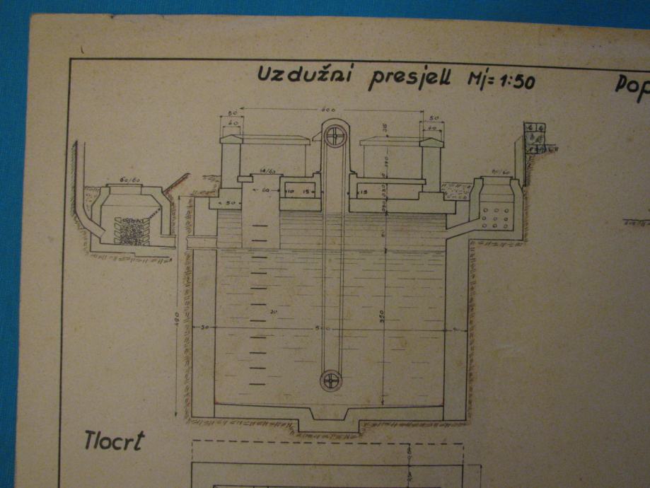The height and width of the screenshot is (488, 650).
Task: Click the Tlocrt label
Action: tap(114, 440)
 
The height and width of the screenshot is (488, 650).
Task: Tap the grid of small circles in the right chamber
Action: tap(495, 219)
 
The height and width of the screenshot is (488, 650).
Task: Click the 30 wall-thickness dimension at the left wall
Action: tap(204, 328)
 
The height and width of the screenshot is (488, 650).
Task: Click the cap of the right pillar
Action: tap(431, 142)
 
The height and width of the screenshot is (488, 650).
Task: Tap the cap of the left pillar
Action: tap(231, 139)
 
